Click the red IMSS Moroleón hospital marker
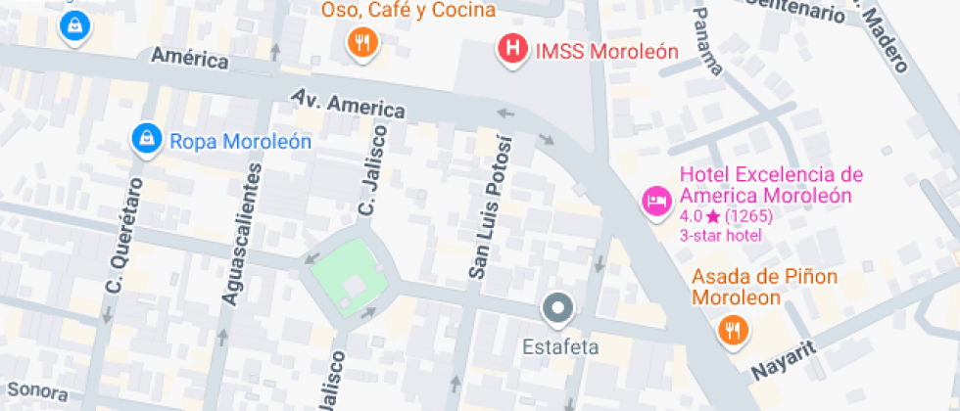510,48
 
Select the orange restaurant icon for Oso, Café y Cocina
363,41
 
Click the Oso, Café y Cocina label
408,11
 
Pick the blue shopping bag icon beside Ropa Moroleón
146,139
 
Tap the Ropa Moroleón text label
241,141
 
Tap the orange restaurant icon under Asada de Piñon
732,330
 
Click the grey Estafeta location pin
558,309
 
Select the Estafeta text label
559,346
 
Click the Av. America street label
348,103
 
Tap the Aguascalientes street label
244,233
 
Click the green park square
350,278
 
